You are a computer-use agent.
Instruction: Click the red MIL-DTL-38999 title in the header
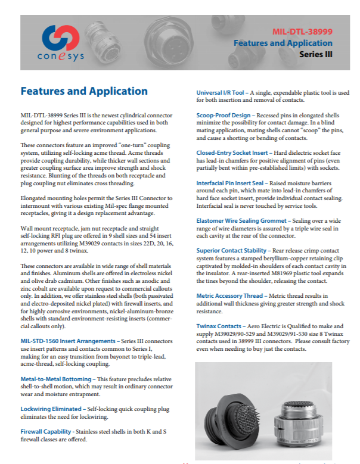(x=310, y=31)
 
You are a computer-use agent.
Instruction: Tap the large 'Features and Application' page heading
(x=84, y=91)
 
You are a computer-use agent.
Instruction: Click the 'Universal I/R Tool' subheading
(x=221, y=93)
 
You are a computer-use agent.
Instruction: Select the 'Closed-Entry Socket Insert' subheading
(x=231, y=153)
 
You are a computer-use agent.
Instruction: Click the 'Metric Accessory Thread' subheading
(x=228, y=295)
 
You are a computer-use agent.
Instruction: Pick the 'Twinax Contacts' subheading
(x=217, y=326)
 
